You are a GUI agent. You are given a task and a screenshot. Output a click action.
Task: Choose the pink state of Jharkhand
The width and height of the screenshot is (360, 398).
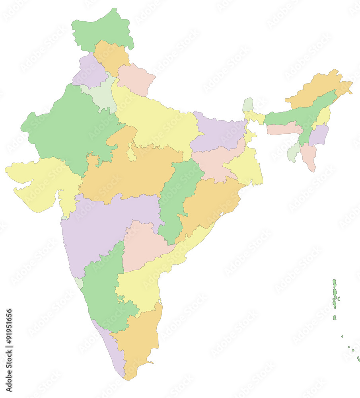click(x=213, y=163)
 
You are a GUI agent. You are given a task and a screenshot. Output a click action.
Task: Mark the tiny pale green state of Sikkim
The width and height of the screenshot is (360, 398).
click(x=248, y=104)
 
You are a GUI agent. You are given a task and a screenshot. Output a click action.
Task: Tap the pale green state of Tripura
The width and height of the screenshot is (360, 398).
click(x=294, y=152)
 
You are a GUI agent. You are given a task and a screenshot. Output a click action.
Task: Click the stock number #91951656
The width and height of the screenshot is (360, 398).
click(x=9, y=350)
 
